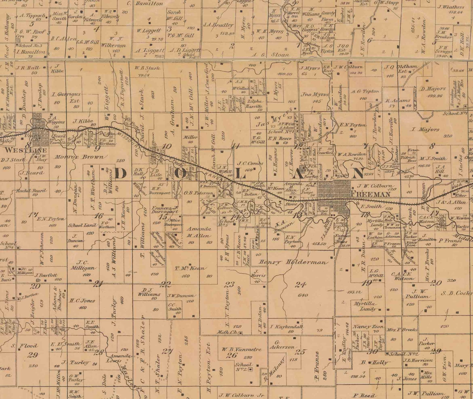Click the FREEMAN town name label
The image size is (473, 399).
pos(371,194)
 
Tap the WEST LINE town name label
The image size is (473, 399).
pos(25,150)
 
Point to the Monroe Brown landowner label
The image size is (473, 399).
pos(79,157)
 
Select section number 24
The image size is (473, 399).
pos(300,285)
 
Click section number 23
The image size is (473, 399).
pos(229,284)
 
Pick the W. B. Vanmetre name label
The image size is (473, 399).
pos(241,349)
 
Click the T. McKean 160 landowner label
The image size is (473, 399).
pos(190,268)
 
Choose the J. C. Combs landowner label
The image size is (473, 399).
pos(250,163)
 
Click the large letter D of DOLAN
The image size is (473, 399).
pos(121,173)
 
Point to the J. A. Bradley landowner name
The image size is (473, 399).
pos(218,25)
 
